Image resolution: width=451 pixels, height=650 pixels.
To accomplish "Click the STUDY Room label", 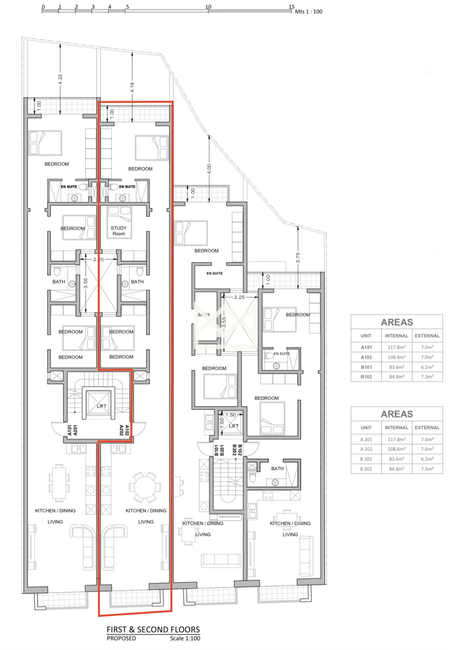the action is (x=119, y=231).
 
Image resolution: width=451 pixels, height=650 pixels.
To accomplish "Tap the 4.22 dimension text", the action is (x=60, y=79).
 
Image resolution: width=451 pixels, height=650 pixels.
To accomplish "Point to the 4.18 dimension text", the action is (x=132, y=87).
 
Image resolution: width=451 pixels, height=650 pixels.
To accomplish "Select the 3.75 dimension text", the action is (x=298, y=258).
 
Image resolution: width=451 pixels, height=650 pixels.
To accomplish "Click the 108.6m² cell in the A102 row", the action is (x=396, y=357).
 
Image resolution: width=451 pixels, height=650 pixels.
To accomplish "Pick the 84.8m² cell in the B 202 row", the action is (x=396, y=469).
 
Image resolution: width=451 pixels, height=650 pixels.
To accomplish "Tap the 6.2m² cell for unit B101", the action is (x=427, y=367).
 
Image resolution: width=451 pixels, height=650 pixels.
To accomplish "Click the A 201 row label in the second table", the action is (x=366, y=439).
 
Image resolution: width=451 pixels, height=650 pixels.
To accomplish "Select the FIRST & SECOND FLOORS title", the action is (x=153, y=630).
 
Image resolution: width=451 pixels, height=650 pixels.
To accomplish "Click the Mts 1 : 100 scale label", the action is (x=309, y=12).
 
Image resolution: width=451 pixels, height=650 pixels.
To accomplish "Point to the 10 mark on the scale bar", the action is (x=208, y=6).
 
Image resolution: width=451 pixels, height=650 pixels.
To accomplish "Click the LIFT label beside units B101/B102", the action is (x=234, y=426).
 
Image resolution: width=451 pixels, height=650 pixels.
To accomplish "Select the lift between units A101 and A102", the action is (x=98, y=403).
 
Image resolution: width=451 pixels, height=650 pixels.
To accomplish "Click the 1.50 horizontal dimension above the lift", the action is (x=231, y=415).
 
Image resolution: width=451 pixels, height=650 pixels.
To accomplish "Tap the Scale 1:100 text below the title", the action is (x=185, y=638).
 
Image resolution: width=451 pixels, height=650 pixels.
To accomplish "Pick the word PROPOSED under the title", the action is (x=121, y=638).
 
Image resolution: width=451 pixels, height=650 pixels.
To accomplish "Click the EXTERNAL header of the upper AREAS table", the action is (x=427, y=336).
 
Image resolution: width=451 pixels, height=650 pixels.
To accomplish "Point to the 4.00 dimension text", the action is (x=209, y=169).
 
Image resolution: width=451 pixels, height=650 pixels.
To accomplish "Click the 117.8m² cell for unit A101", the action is (x=396, y=347).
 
